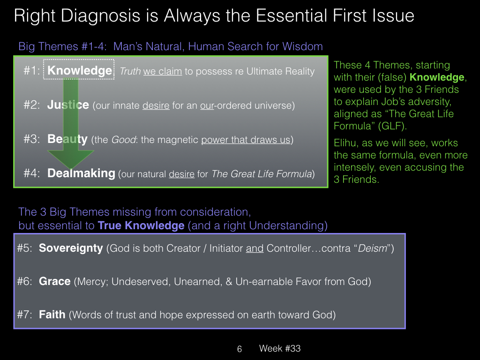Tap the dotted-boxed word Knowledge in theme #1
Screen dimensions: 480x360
click(x=80, y=70)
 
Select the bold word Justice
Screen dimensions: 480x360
click(x=68, y=105)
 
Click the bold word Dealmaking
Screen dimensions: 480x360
click(x=81, y=173)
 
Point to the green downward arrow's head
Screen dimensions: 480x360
click(x=71, y=159)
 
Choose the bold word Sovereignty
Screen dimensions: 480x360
click(x=71, y=248)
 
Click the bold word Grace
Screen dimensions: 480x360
click(x=54, y=281)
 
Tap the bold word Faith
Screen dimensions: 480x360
click(x=52, y=315)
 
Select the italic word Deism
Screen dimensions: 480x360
click(x=373, y=248)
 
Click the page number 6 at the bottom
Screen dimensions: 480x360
click(x=240, y=349)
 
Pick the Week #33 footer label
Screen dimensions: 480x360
click(x=280, y=348)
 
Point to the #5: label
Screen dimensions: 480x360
click(x=25, y=248)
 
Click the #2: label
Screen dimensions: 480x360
click(x=32, y=105)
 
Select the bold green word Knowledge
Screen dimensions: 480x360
click(x=437, y=77)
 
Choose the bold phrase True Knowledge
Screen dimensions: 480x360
click(x=141, y=225)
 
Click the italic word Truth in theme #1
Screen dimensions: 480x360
click(x=130, y=71)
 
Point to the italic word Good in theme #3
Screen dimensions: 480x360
click(x=123, y=140)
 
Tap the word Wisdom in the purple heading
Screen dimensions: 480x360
click(x=302, y=46)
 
